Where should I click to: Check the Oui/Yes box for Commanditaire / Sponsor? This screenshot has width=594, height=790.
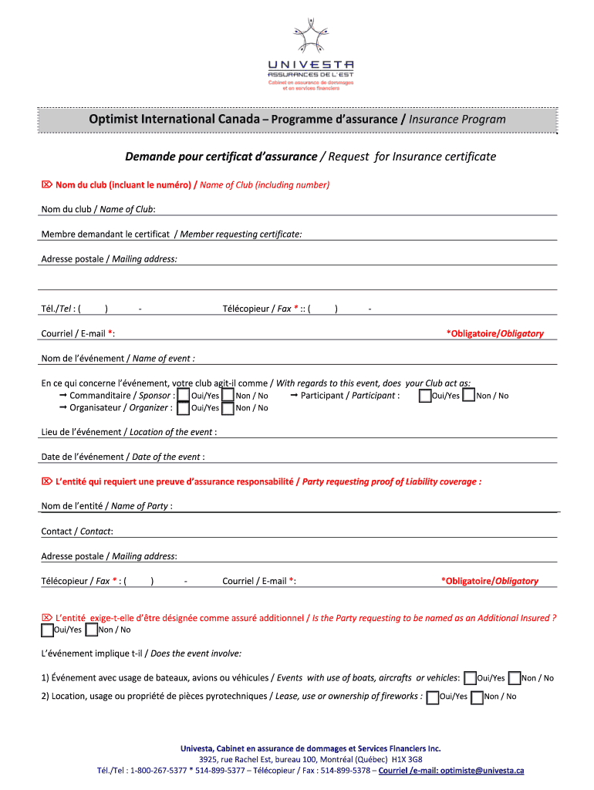pos(184,396)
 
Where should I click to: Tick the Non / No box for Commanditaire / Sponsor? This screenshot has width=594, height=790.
pos(228,396)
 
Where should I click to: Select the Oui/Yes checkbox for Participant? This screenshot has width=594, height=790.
pos(425,396)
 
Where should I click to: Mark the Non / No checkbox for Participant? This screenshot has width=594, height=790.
pos(468,396)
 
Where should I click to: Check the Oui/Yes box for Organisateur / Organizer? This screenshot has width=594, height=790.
pos(184,408)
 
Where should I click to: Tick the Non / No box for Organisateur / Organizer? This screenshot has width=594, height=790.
pos(228,408)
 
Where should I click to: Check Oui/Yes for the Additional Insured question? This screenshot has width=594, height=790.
pos(47,630)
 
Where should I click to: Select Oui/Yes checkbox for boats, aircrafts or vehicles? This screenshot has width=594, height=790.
pos(471,678)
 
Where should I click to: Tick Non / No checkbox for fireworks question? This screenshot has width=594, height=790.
pos(477,697)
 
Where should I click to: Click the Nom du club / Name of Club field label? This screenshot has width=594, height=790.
pos(98,210)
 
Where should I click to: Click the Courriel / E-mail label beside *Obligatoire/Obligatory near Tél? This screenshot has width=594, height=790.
pos(78,334)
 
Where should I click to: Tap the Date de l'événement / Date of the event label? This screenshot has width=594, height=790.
pos(122,457)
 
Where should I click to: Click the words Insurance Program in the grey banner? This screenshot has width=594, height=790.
pos(457,120)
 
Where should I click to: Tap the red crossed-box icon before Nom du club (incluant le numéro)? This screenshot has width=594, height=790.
pos(46,185)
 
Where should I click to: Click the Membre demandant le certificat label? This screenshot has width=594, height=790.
pos(171,235)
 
